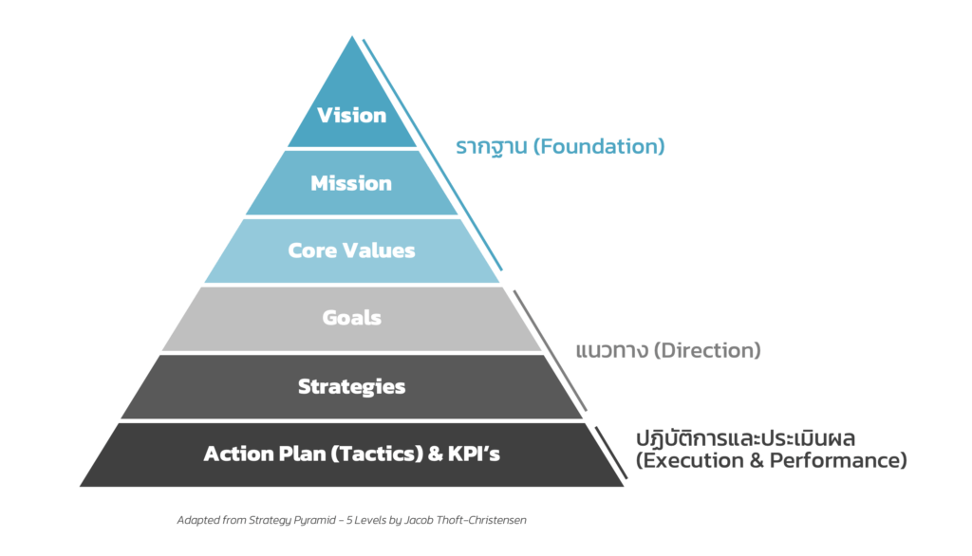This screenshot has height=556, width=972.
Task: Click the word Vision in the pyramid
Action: click(x=352, y=116)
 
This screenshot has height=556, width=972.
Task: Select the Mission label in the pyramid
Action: click(x=351, y=183)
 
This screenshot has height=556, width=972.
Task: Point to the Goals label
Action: click(x=351, y=318)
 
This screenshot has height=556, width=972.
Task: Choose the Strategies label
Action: click(x=351, y=386)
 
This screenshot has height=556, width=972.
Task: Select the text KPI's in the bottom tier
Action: click(x=476, y=454)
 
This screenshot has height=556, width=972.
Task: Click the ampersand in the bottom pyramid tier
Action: click(x=436, y=454)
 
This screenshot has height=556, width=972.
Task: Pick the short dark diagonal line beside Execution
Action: click(x=611, y=452)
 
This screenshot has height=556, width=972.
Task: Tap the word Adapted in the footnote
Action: click(x=198, y=520)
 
